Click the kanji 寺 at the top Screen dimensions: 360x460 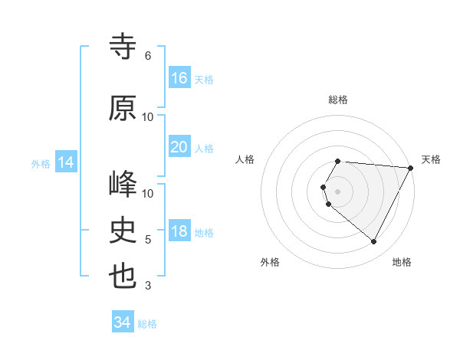pyautogui.click(x=123, y=47)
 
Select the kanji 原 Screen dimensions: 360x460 pyautogui.click(x=123, y=108)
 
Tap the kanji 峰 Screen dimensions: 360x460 pyautogui.click(x=123, y=185)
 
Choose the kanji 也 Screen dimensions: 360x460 pyautogui.click(x=123, y=277)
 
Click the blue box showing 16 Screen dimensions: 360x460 pyautogui.click(x=179, y=78)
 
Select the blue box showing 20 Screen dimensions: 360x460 pyautogui.click(x=179, y=147)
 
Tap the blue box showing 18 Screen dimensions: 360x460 pyautogui.click(x=179, y=232)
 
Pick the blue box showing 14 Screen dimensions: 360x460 pyautogui.click(x=65, y=162)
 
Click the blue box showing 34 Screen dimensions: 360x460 pyautogui.click(x=122, y=323)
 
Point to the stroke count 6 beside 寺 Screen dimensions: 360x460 pyautogui.click(x=148, y=56)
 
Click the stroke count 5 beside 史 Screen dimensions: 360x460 pyautogui.click(x=148, y=240)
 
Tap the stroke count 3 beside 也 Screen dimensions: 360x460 pyautogui.click(x=148, y=286)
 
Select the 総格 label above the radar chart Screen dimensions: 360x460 pyautogui.click(x=338, y=100)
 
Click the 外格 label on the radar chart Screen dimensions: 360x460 pyautogui.click(x=270, y=262)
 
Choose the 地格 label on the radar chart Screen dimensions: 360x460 pyautogui.click(x=402, y=262)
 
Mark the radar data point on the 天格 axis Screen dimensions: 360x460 pyautogui.click(x=411, y=168)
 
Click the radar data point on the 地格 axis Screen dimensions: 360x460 pyautogui.click(x=374, y=242)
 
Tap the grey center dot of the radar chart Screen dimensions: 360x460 pyautogui.click(x=338, y=191)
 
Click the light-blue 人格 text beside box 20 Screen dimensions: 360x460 pyautogui.click(x=204, y=148)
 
